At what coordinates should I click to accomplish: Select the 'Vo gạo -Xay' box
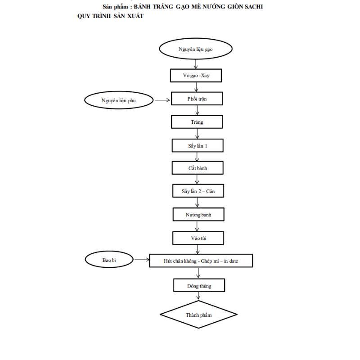point(196,76)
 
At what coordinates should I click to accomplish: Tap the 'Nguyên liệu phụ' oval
point(119,101)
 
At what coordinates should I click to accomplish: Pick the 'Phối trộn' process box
point(197,99)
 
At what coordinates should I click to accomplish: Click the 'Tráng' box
point(197,122)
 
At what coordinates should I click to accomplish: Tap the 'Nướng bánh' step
point(198,214)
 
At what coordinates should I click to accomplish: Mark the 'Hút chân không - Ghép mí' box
point(201,261)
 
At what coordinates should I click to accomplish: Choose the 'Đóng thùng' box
point(199,285)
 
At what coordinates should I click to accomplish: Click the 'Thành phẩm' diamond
point(199,315)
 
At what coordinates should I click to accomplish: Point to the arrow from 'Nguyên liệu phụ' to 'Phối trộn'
point(162,100)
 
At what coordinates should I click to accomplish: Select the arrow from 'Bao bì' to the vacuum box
point(142,260)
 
